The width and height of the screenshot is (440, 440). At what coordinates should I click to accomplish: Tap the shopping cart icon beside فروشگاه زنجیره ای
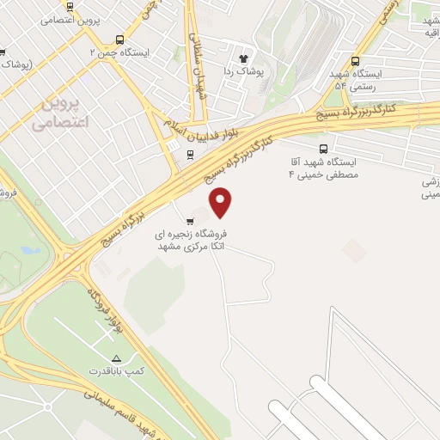[x=189, y=221]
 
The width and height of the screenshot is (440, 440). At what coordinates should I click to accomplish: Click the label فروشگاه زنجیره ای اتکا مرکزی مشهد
[x=193, y=240]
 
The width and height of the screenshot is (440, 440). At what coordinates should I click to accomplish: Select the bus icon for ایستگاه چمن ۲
[x=119, y=39]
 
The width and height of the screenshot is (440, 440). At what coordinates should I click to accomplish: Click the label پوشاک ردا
[x=241, y=72]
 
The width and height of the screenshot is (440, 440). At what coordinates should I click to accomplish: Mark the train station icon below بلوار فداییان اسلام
[x=189, y=156]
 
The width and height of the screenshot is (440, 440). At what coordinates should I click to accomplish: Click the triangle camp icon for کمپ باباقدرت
[x=117, y=357]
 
